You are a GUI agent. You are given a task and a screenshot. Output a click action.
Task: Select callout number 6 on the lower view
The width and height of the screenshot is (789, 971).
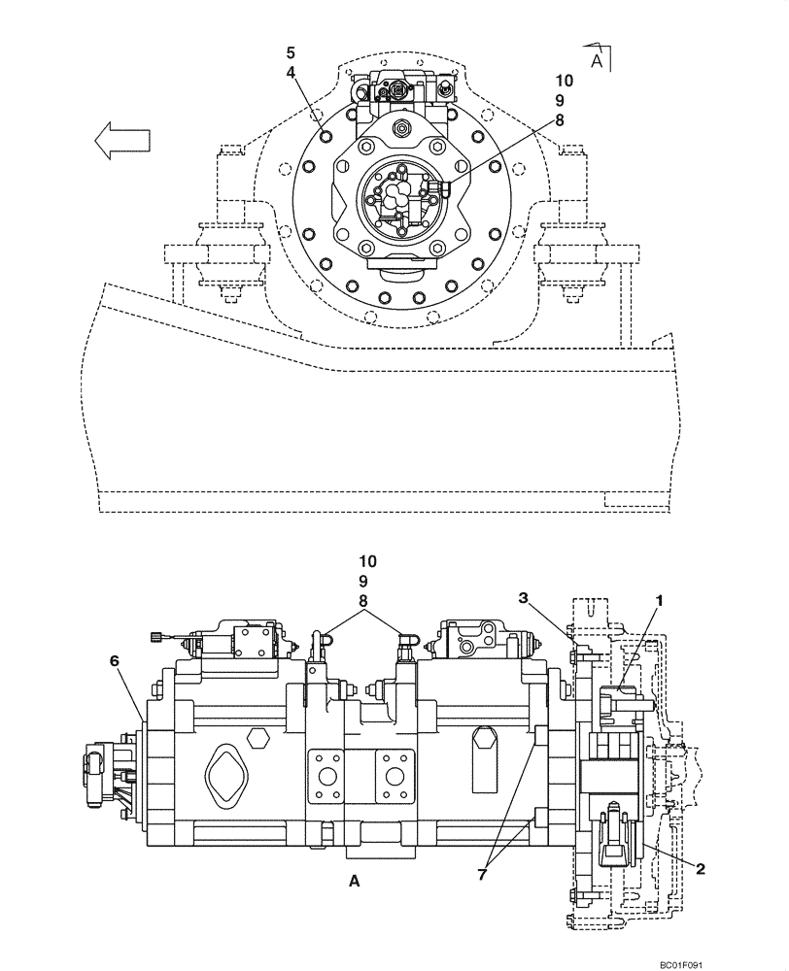(114, 660)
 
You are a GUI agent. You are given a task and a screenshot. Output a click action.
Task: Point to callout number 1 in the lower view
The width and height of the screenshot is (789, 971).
(659, 602)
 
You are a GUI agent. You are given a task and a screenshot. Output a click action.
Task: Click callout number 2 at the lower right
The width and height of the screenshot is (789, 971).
(699, 866)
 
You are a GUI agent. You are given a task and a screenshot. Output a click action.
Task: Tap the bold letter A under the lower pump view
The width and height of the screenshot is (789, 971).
(354, 882)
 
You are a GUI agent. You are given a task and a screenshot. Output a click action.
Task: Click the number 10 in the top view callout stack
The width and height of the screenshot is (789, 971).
(565, 81)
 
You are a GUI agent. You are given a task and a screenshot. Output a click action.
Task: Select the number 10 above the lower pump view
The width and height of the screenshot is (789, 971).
(363, 561)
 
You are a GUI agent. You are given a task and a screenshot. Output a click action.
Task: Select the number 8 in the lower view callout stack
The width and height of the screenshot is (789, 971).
(363, 601)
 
